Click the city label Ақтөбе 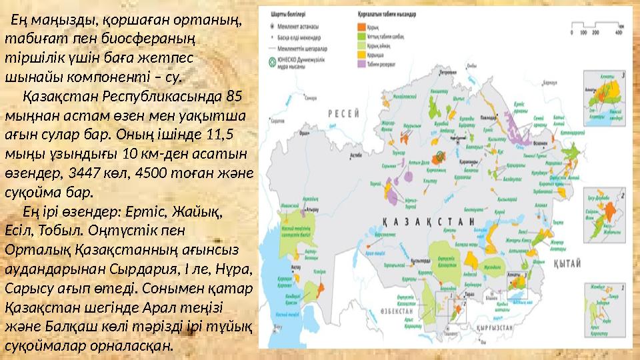point(356,154)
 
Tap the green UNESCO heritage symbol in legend point(272,63)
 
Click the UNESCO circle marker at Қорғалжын point(440,156)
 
